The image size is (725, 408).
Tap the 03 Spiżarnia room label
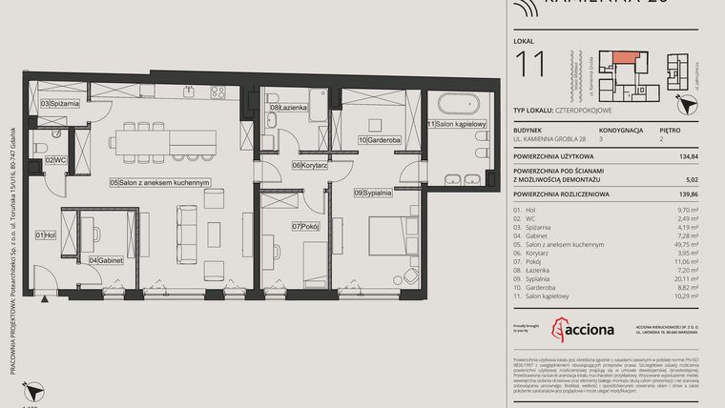pos(58,102)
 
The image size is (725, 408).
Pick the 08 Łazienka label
pos(288,108)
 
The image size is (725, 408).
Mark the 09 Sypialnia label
pos(373,193)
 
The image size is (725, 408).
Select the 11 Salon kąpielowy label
pos(457,124)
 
